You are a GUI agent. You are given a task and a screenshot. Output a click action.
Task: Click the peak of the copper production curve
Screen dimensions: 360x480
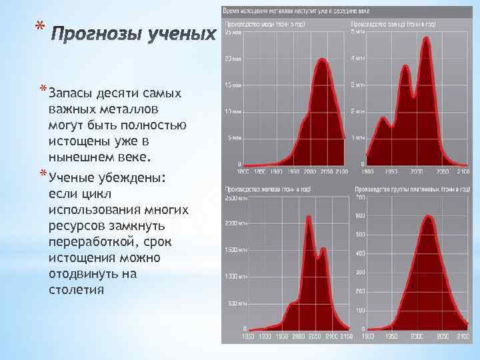pos(323,59)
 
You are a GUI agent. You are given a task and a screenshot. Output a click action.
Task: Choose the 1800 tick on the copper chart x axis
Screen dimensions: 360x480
pos(245,171)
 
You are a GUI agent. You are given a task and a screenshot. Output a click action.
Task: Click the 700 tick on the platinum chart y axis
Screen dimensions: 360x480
pos(360,198)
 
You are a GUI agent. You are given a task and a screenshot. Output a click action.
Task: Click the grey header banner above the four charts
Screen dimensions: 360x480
pos(350,11)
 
